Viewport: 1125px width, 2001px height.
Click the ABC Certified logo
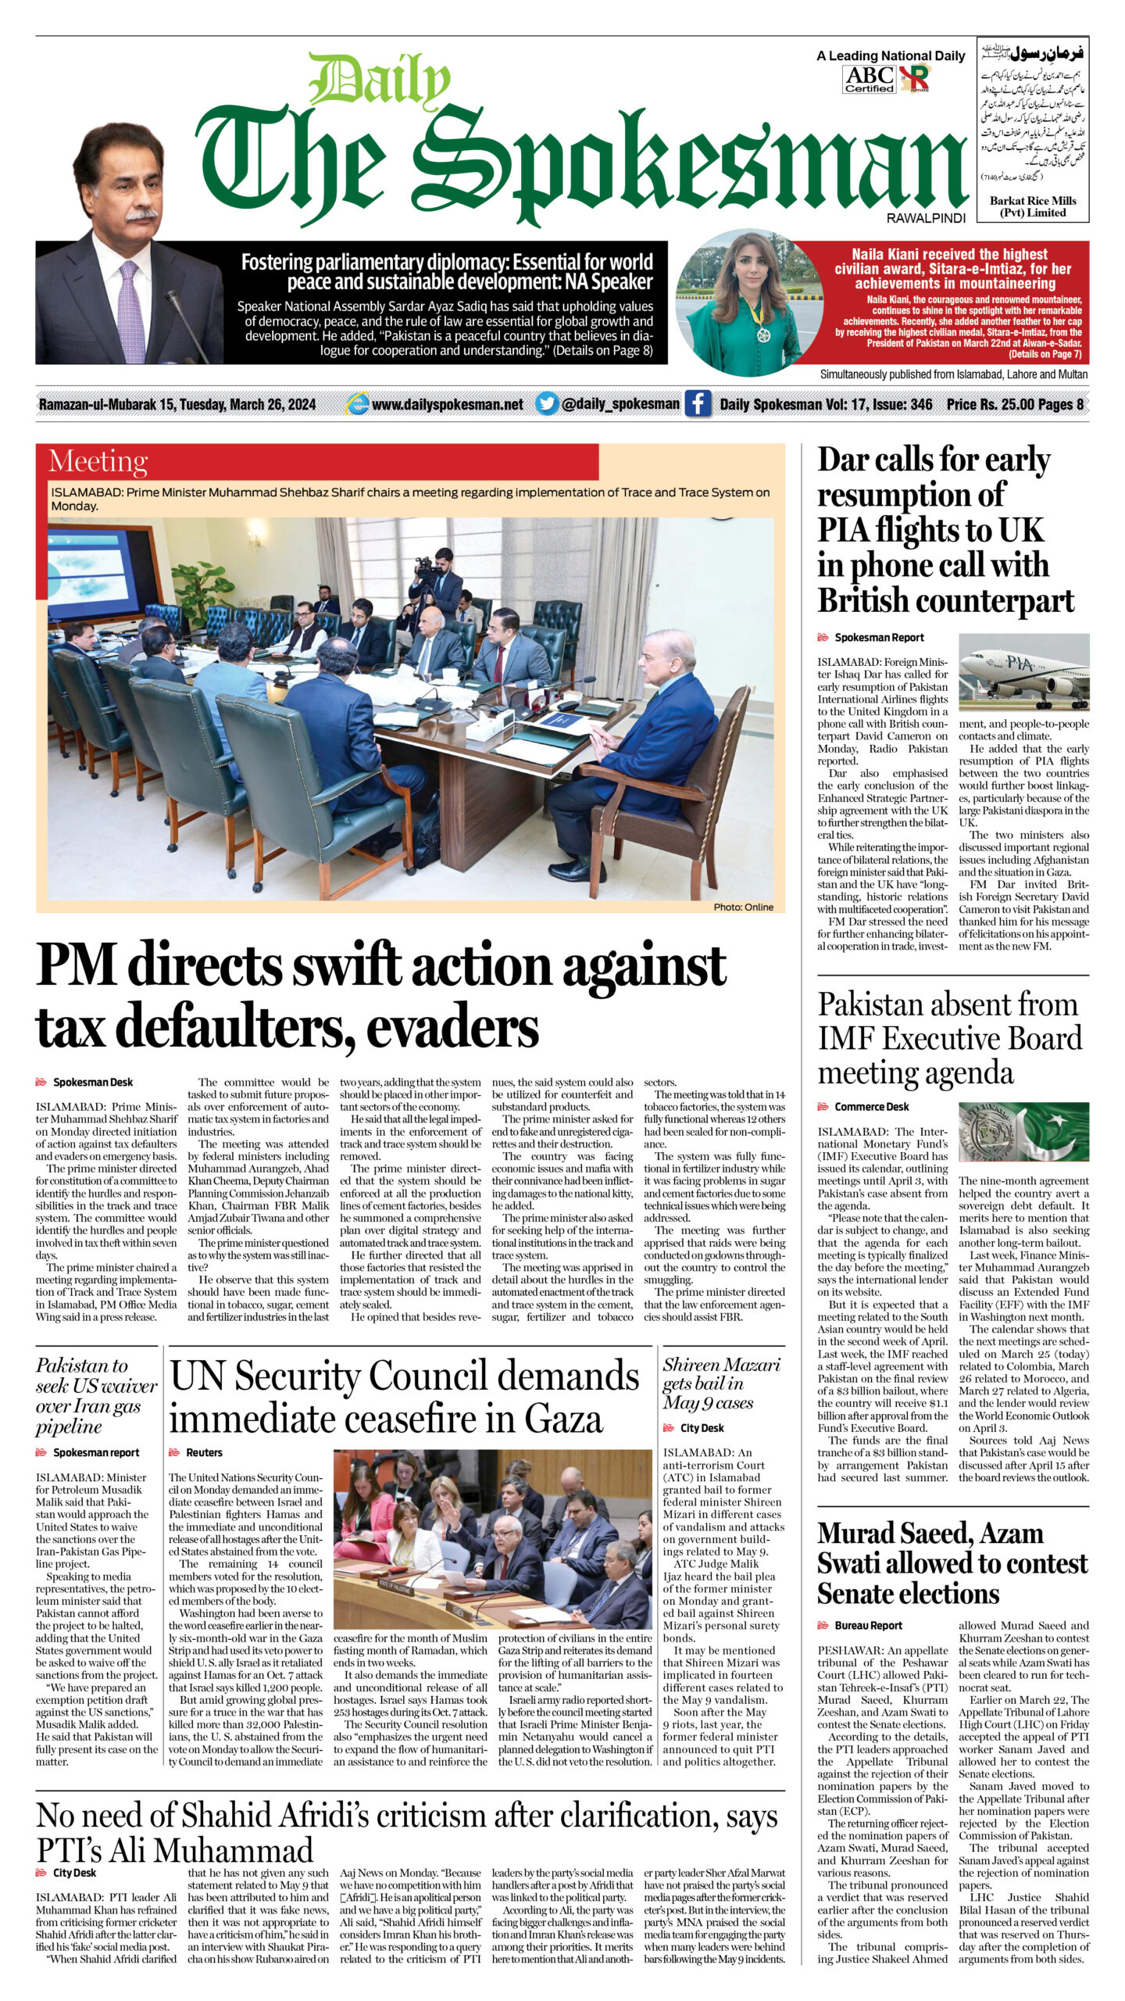pyautogui.click(x=869, y=79)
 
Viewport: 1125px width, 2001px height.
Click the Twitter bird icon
pyautogui.click(x=547, y=404)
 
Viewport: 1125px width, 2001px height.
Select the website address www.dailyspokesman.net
pyautogui.click(x=447, y=404)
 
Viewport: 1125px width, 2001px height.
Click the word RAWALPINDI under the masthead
pyautogui.click(x=926, y=219)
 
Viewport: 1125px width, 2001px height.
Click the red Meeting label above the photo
pyautogui.click(x=98, y=461)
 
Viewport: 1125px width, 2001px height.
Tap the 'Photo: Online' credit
pyautogui.click(x=743, y=907)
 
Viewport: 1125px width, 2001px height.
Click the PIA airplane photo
pyautogui.click(x=1023, y=671)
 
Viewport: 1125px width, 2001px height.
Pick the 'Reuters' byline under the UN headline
pyautogui.click(x=204, y=1452)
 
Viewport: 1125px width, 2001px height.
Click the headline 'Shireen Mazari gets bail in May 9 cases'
pyautogui.click(x=721, y=1384)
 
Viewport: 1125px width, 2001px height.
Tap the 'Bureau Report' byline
pyautogui.click(x=868, y=1625)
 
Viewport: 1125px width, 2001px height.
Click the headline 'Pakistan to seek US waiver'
pyautogui.click(x=96, y=1396)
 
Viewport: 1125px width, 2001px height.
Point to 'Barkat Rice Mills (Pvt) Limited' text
pyautogui.click(x=1032, y=206)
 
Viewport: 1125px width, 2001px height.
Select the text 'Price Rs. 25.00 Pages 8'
pyautogui.click(x=1014, y=404)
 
